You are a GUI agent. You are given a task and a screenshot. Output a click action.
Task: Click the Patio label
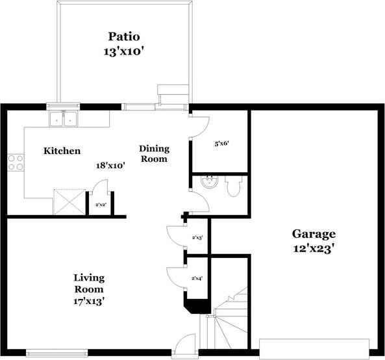coord(124,36)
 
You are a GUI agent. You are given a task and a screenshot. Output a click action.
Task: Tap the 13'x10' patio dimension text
coord(123,51)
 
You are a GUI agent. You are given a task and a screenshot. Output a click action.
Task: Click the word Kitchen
coord(62,151)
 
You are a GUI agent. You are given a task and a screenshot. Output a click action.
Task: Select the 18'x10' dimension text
coord(110,166)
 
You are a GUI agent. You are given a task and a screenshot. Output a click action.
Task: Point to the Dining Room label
coord(154,153)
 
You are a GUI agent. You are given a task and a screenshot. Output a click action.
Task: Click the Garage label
coord(313,234)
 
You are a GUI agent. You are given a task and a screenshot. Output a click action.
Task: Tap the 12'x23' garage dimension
coord(313,248)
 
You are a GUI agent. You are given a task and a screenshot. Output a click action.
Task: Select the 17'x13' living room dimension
coord(88,301)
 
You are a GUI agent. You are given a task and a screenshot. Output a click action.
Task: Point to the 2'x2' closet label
coord(101,205)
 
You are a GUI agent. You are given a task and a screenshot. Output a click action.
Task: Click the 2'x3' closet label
coord(197,238)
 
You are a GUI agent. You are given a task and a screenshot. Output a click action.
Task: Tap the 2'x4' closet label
coord(197,278)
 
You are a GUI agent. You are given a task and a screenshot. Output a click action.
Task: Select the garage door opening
coord(314,348)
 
